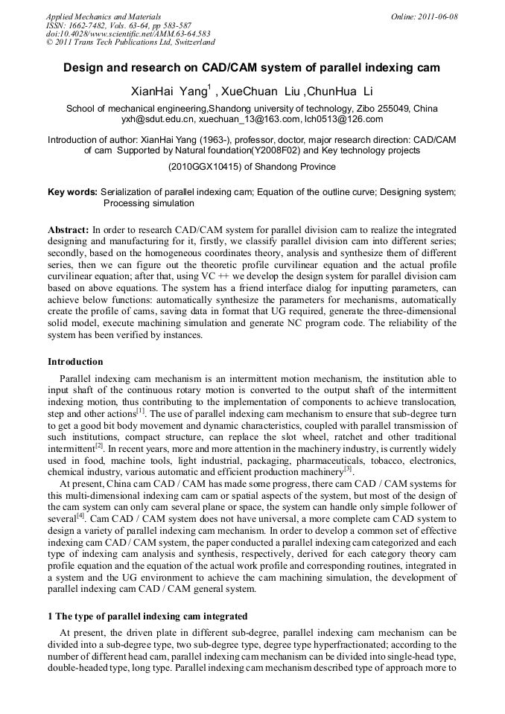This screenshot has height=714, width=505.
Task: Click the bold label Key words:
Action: pyautogui.click(x=73, y=192)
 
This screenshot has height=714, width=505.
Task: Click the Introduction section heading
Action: pyautogui.click(x=75, y=362)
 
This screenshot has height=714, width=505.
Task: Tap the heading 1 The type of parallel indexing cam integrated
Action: pyautogui.click(x=152, y=617)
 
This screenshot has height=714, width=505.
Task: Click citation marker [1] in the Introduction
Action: pyautogui.click(x=140, y=409)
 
